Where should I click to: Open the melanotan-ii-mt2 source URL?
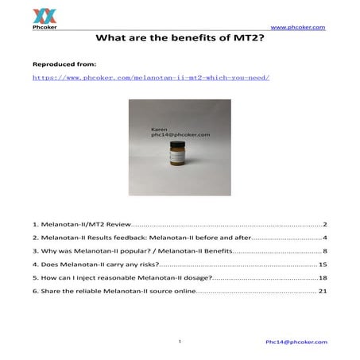coord(151,78)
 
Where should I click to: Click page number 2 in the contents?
coord(325,225)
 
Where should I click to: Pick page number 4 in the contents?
coord(325,238)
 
